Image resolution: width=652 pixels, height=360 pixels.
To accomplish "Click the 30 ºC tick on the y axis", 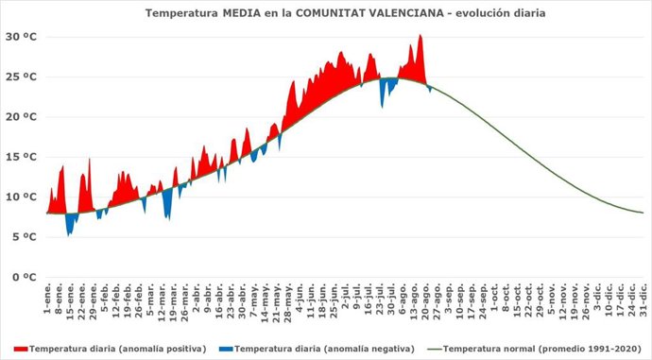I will click(x=20, y=37).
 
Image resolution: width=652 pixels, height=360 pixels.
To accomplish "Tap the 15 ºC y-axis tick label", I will click(x=20, y=157).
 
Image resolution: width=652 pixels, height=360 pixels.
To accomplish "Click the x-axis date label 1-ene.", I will click(x=47, y=302).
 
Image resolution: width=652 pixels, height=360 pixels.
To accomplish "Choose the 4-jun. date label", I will click(x=299, y=302).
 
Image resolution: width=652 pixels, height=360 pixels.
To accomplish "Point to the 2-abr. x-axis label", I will click(x=197, y=302).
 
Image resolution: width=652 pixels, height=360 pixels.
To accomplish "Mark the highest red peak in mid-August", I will click(x=420, y=36).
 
